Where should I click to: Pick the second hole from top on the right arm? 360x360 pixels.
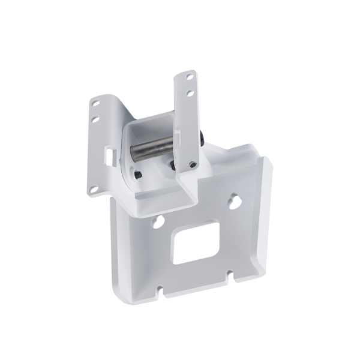[x=189, y=94]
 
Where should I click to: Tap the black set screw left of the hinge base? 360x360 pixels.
[x=136, y=175]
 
